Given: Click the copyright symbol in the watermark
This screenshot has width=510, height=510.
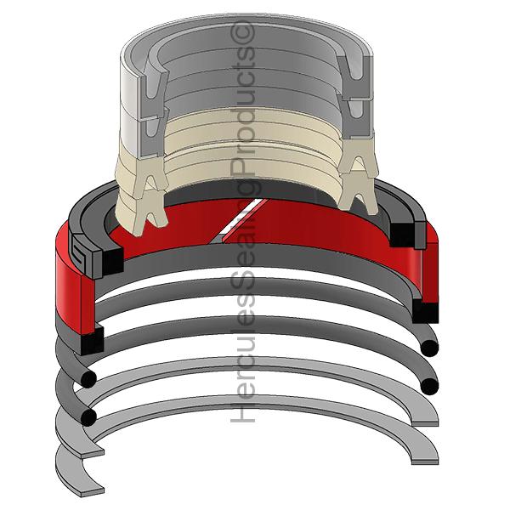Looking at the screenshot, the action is [x=242, y=31].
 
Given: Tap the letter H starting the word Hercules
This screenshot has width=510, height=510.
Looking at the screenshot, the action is [x=242, y=412].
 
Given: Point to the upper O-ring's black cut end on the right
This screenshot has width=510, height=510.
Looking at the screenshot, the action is [x=429, y=348].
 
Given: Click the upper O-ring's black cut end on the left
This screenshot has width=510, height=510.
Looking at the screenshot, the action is [x=88, y=378].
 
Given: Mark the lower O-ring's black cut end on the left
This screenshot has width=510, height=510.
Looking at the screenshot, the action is [x=88, y=417].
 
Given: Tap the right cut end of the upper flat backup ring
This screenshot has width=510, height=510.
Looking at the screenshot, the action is [x=425, y=423].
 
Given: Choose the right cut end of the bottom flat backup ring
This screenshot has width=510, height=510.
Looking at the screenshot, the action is [x=425, y=462].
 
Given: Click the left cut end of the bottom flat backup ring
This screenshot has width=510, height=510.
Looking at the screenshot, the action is [x=93, y=491].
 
